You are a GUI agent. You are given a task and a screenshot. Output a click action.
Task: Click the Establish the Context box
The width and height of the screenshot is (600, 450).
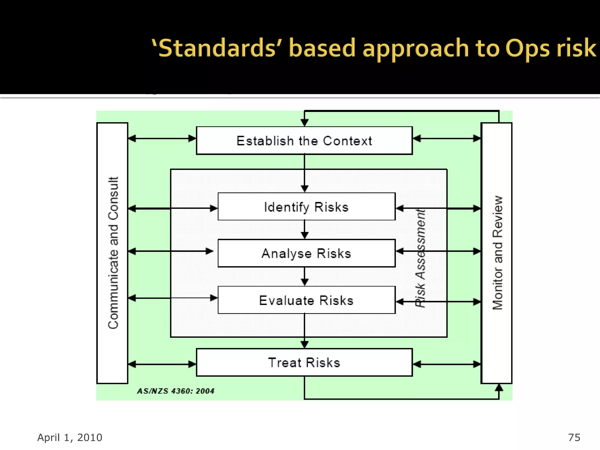click(304, 141)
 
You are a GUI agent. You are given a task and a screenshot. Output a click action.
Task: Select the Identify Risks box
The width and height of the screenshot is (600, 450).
click(306, 207)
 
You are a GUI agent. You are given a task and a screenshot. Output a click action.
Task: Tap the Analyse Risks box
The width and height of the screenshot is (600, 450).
click(306, 253)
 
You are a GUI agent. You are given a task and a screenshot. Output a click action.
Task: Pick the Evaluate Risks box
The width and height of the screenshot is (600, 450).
click(306, 300)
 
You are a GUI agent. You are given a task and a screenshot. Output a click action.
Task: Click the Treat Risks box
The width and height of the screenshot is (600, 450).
click(304, 362)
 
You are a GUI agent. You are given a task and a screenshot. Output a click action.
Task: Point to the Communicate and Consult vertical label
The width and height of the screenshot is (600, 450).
click(113, 253)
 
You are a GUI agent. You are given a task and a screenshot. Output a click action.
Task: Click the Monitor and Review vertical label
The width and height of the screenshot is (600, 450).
click(497, 253)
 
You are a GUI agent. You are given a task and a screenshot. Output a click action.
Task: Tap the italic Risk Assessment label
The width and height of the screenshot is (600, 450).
click(420, 258)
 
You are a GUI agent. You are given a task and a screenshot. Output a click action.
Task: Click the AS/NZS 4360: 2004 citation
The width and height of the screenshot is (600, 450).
click(176, 391)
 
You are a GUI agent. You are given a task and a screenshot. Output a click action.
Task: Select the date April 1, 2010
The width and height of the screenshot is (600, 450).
click(70, 437)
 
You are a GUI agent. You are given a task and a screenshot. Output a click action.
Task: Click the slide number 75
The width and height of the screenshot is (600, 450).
click(574, 437)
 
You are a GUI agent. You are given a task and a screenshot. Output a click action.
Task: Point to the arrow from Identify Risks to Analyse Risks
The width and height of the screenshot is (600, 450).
click(305, 230)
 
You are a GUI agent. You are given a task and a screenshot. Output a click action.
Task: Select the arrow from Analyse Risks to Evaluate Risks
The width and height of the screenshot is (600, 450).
click(305, 277)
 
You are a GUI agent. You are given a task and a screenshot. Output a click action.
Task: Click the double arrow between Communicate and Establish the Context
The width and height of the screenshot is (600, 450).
click(162, 139)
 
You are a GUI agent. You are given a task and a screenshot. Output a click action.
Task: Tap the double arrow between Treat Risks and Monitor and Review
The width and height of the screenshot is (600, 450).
click(447, 364)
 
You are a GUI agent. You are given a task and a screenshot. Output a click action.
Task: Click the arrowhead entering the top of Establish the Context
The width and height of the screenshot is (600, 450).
click(305, 122)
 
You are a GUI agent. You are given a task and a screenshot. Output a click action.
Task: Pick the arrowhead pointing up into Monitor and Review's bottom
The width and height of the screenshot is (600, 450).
click(499, 388)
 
